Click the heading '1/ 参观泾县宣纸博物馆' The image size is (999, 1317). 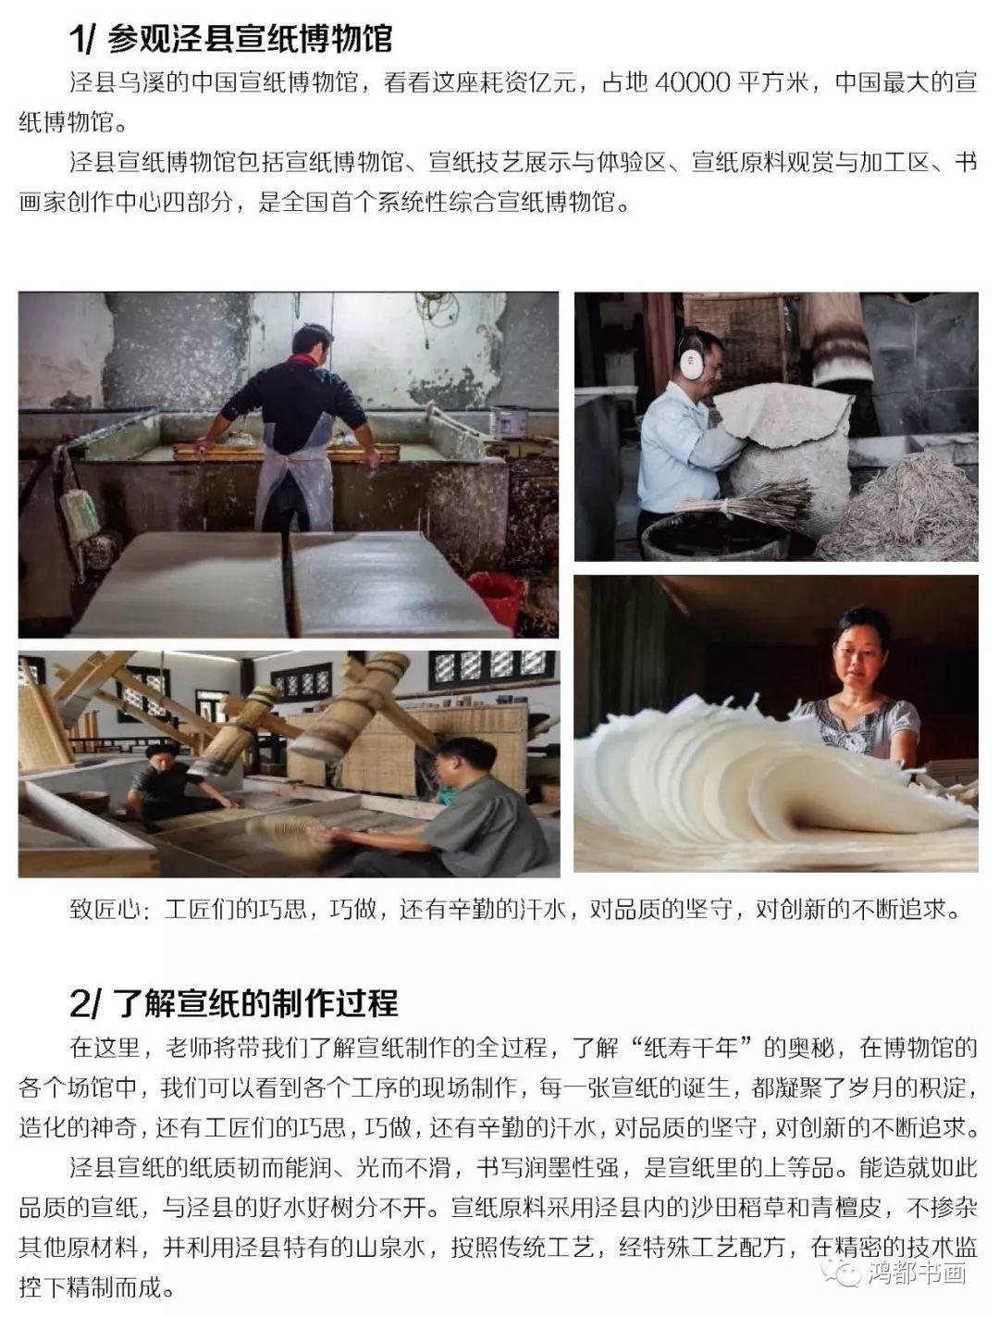[x=231, y=38]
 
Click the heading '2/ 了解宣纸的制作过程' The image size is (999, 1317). [x=234, y=1001]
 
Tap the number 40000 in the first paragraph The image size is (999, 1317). [x=693, y=82]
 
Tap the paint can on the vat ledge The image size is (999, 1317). [x=508, y=420]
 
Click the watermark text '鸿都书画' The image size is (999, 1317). [x=916, y=1274]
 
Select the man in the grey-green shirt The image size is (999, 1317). [x=472, y=805]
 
